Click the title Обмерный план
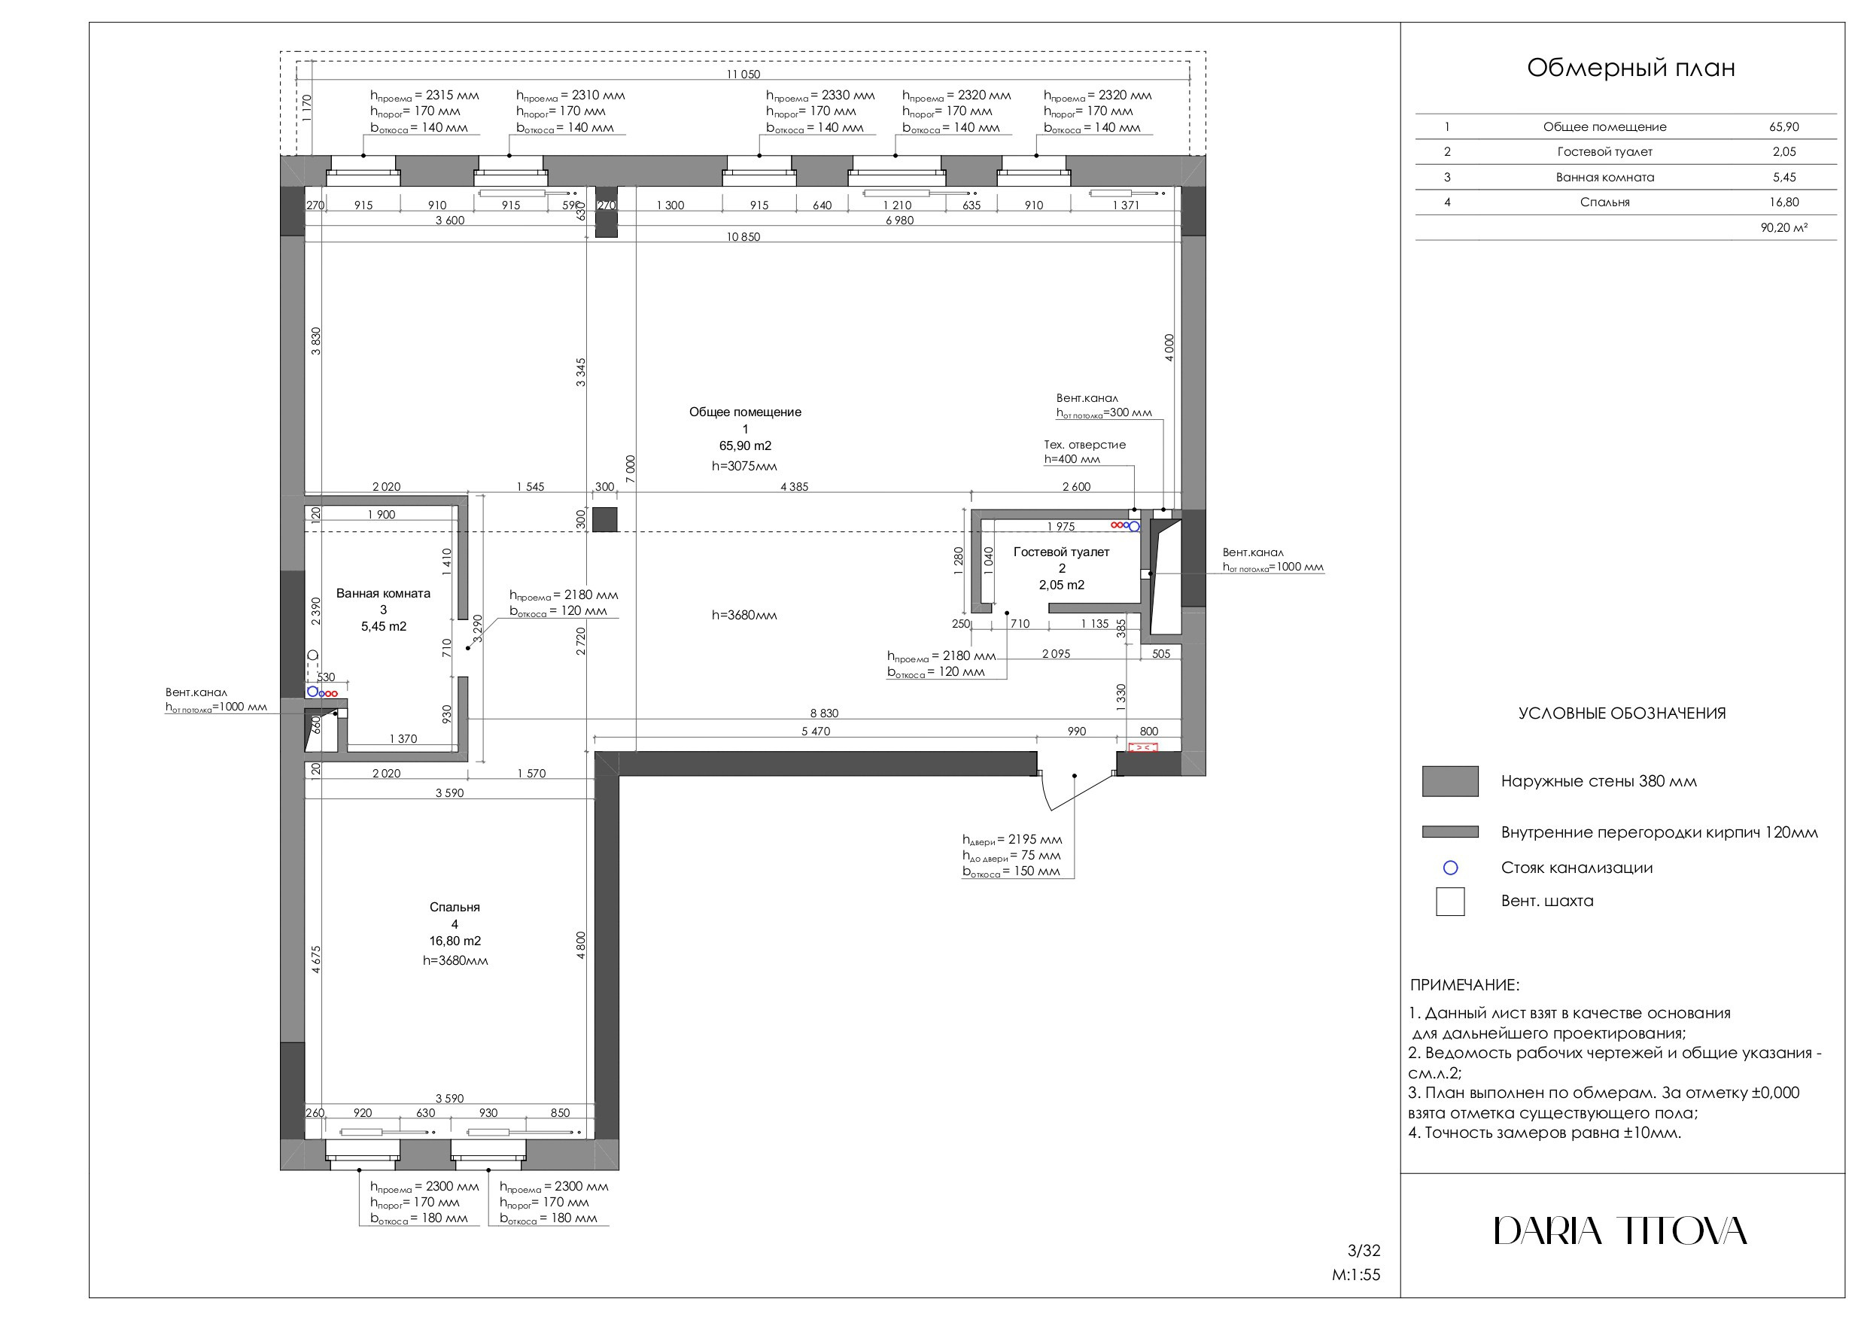click(1631, 68)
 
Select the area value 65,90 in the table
click(1783, 127)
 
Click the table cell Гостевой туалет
click(1604, 152)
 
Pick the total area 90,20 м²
click(1783, 228)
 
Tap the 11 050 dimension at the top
click(743, 74)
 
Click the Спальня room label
click(455, 907)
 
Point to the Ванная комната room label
click(383, 594)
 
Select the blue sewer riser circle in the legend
click(1450, 868)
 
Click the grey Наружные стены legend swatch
click(1450, 780)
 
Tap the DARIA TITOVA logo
click(1620, 1231)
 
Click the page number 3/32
click(1364, 1251)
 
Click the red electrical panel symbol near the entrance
click(1142, 747)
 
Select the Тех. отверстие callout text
click(1084, 445)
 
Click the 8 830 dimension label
click(824, 713)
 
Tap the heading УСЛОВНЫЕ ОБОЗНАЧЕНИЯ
click(1622, 713)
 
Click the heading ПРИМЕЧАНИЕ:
click(1464, 985)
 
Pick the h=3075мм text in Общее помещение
click(744, 466)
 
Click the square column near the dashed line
click(604, 520)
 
